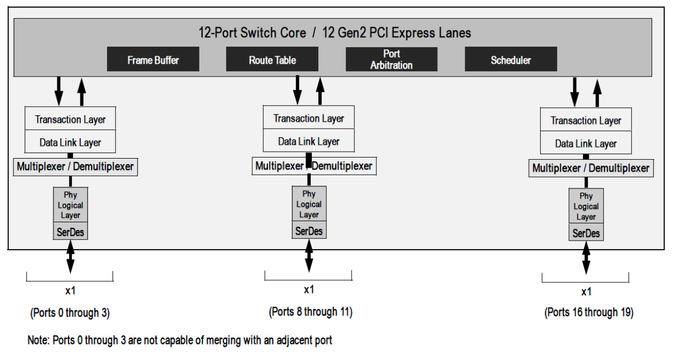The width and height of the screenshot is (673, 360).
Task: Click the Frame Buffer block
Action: [153, 59]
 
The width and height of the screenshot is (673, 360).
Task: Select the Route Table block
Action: [272, 59]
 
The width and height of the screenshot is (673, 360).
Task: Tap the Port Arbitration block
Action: [391, 59]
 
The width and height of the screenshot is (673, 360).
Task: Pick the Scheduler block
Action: [511, 59]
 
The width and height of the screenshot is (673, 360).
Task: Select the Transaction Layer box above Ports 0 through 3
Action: [70, 119]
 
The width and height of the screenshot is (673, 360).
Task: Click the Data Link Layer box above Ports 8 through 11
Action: [309, 141]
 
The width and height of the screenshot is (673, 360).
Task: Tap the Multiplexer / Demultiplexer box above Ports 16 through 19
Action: [590, 168]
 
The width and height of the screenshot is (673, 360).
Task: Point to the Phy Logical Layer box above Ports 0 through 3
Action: [70, 205]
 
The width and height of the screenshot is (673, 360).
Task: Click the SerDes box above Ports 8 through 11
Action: [309, 231]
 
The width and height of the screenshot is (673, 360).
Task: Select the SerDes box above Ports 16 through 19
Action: [586, 233]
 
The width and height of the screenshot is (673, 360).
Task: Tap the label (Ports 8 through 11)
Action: [310, 312]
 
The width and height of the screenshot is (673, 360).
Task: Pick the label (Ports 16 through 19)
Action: [589, 312]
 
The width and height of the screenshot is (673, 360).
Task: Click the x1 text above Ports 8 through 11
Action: [309, 290]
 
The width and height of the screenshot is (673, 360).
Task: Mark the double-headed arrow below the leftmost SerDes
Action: [70, 257]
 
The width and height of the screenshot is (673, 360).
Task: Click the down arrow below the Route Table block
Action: [297, 89]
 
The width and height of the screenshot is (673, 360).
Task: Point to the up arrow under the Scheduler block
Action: [597, 92]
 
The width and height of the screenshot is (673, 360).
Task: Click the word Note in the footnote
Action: [38, 340]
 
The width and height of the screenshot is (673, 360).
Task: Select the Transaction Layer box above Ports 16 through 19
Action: [586, 121]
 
